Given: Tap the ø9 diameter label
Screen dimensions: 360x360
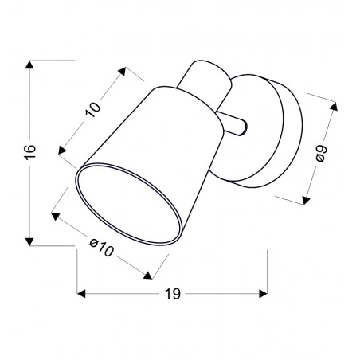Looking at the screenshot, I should coord(322,152).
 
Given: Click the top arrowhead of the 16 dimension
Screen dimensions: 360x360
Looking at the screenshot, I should coord(29,63).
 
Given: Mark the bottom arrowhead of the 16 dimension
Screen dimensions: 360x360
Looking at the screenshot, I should coord(29,241).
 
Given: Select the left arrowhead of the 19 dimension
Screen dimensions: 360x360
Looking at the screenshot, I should coord(80,293).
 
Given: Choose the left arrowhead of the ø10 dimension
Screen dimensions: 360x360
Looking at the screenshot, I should coord(54,213).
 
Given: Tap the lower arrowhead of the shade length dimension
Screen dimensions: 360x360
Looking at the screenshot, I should coord(61,149).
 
